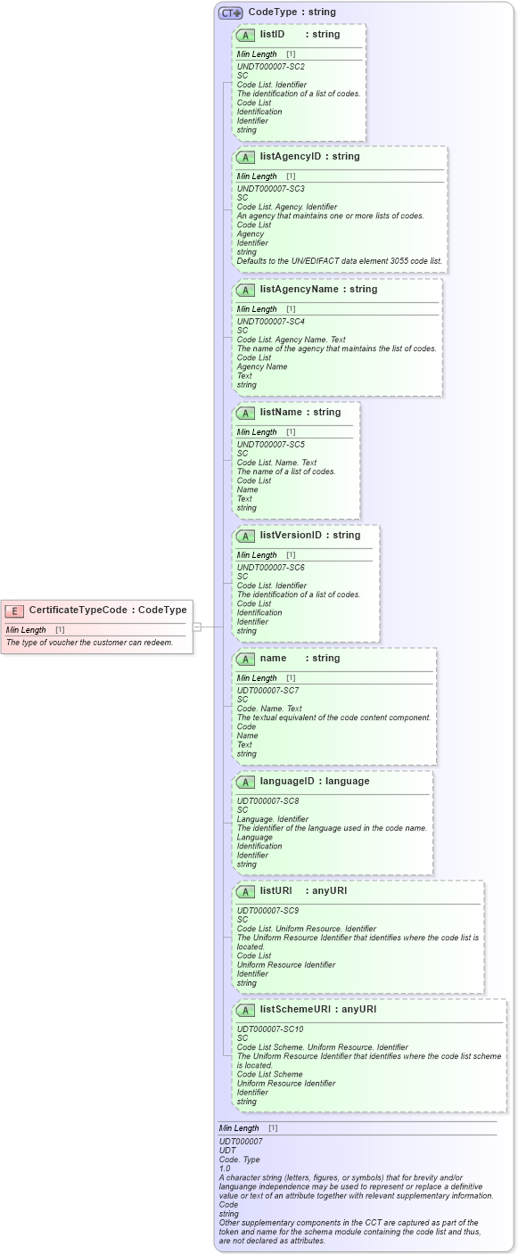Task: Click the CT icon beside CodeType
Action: (231, 12)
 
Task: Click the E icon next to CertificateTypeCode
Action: (14, 611)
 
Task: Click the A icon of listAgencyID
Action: (245, 157)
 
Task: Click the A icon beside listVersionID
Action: (245, 536)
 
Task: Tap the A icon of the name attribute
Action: (245, 659)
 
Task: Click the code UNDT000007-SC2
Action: (270, 67)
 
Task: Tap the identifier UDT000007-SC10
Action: (269, 1029)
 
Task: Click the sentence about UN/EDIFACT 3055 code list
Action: (339, 261)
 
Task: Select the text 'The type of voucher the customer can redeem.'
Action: (89, 643)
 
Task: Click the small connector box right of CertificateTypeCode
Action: (197, 627)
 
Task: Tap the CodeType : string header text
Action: (292, 12)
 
